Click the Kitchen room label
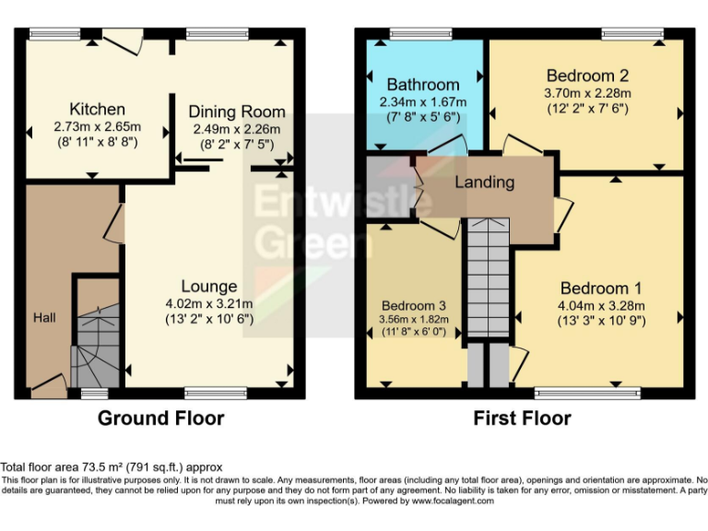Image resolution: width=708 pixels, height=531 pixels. point(97,109)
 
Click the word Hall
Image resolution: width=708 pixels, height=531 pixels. point(45,317)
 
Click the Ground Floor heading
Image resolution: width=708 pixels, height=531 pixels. point(161,418)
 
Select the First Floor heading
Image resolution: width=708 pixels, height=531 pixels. point(522,418)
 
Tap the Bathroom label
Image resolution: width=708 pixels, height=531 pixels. point(422,85)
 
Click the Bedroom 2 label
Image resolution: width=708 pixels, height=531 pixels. point(587,76)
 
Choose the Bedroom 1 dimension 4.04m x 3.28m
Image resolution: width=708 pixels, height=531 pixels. point(602,306)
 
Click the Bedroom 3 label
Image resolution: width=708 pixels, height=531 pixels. point(415,305)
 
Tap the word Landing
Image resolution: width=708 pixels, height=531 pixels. point(484,182)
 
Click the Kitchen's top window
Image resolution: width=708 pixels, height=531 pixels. point(54,34)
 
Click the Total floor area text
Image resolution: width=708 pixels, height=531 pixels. point(112,467)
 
